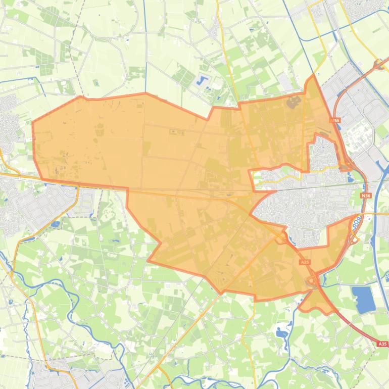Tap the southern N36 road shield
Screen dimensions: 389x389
pyautogui.click(x=366, y=196)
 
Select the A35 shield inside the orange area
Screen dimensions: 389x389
pyautogui.click(x=304, y=262)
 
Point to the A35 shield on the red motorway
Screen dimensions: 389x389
pyautogui.click(x=382, y=344)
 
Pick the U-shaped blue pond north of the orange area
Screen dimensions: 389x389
pyautogui.click(x=203, y=80)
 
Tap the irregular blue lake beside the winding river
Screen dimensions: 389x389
pyautogui.click(x=281, y=332)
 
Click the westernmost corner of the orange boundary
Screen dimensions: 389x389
pyautogui.click(x=33, y=122)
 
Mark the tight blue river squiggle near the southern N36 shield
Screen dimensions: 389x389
pyautogui.click(x=356, y=222)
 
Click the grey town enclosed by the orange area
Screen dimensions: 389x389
pyautogui.click(x=303, y=202)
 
